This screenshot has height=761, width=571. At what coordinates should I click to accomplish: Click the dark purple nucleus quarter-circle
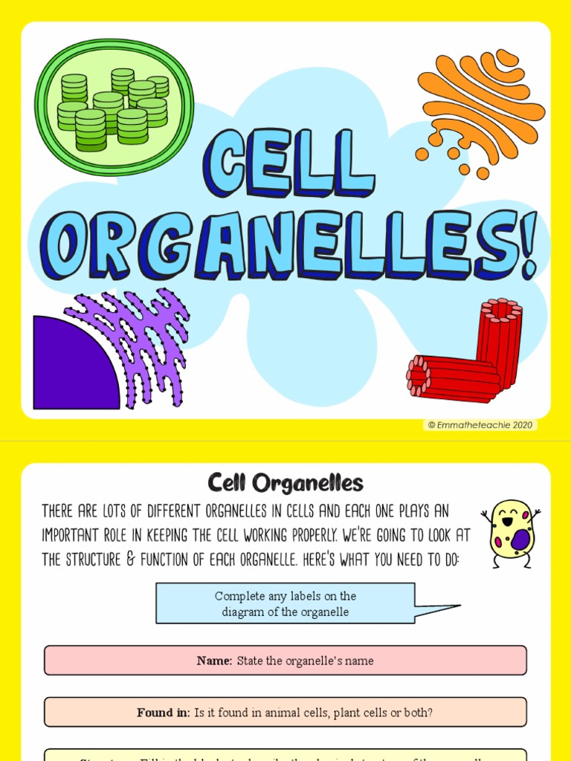click(x=71, y=368)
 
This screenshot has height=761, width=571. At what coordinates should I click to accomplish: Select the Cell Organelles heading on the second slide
click(x=285, y=484)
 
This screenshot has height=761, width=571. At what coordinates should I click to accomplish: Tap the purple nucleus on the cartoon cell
click(x=521, y=539)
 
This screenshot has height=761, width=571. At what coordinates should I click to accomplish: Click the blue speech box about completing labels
click(x=285, y=603)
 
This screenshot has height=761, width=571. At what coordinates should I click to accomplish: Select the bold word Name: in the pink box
click(x=215, y=661)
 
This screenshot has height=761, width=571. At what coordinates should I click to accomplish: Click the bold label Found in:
click(x=164, y=713)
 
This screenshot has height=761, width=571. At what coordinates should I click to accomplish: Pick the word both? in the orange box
click(x=417, y=713)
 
